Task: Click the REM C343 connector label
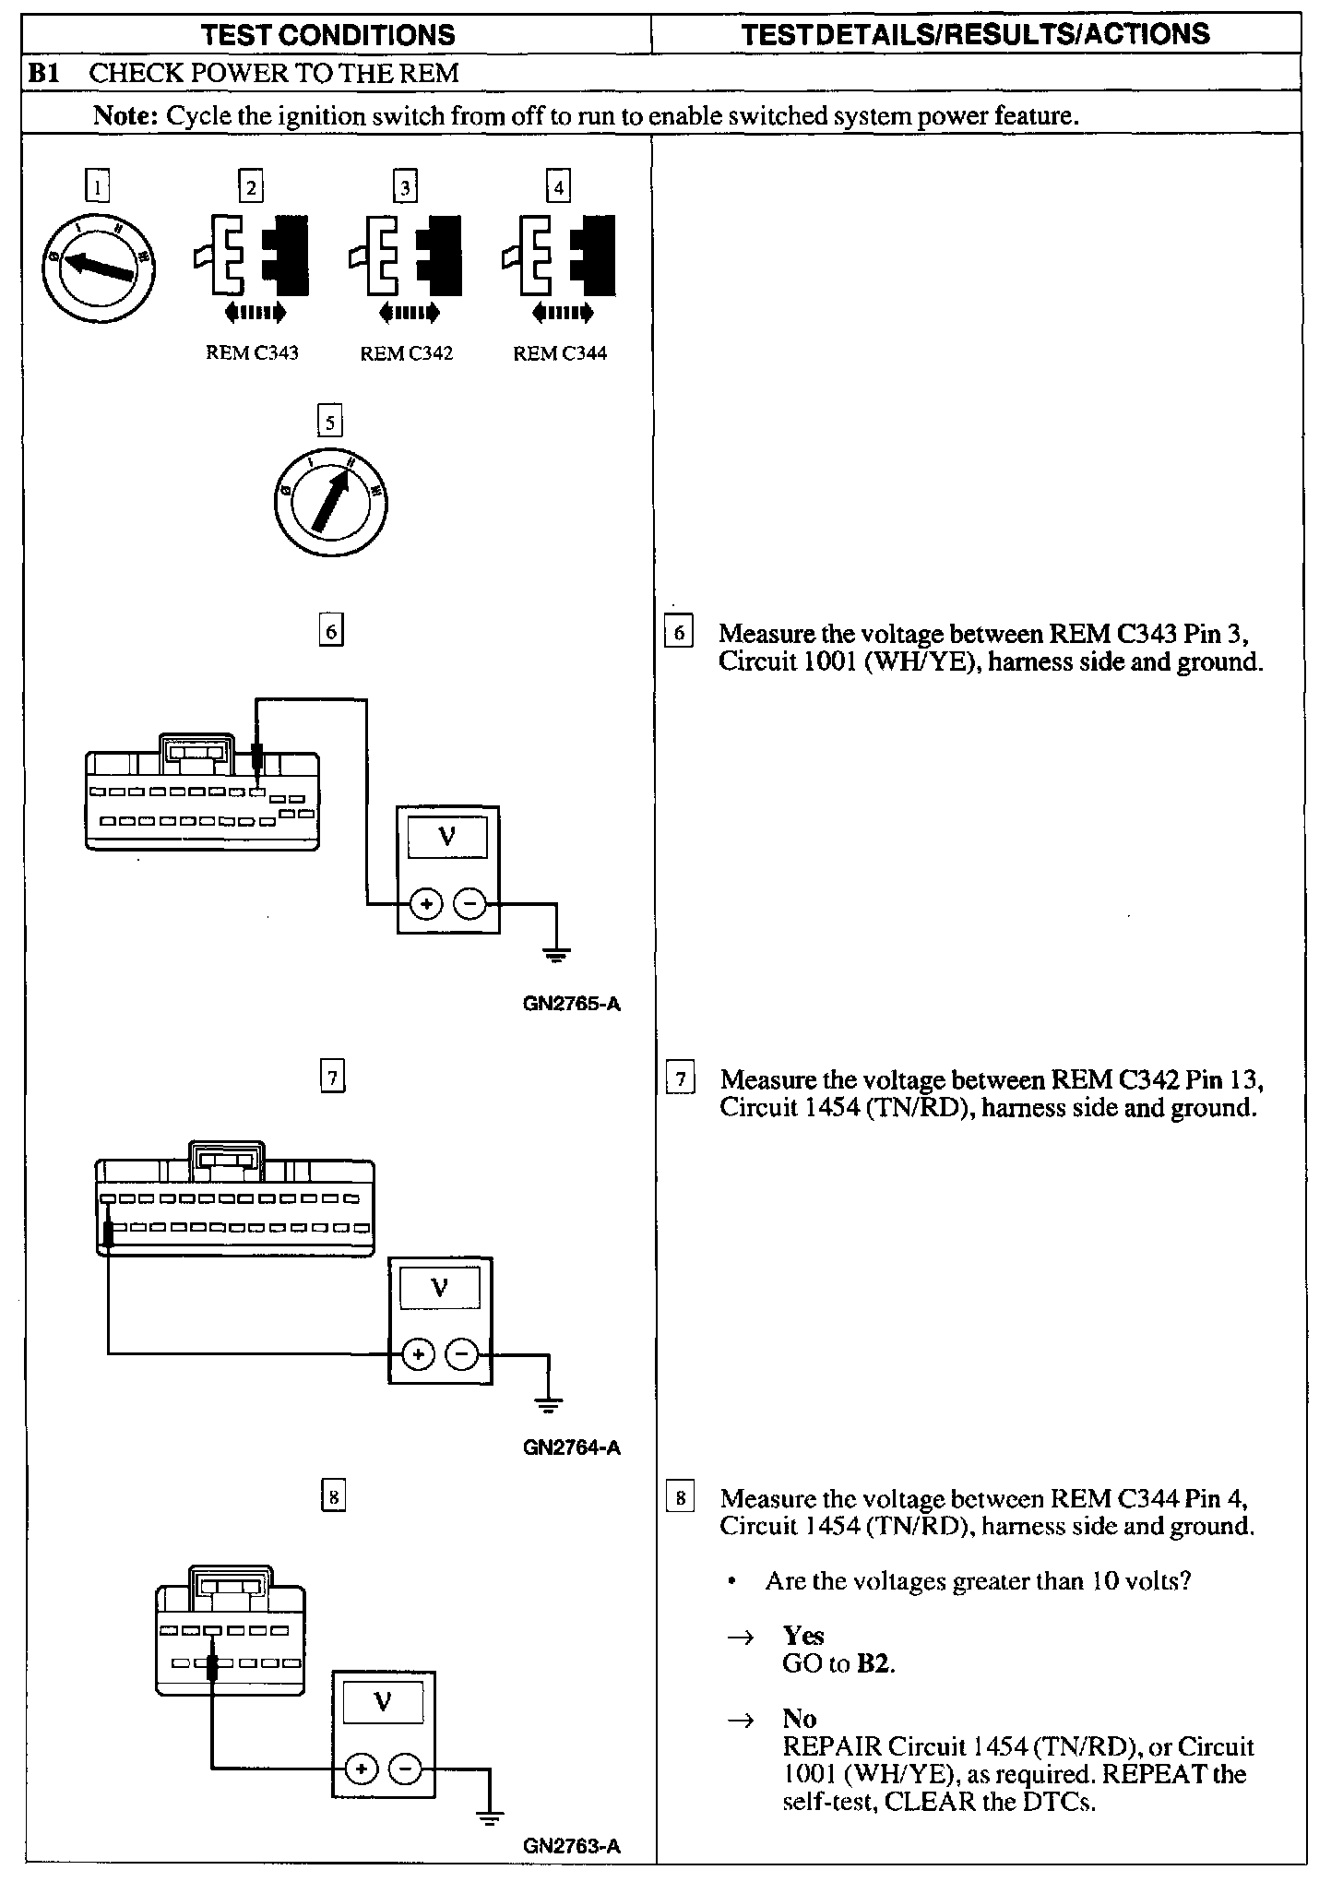(x=252, y=353)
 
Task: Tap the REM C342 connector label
(x=406, y=353)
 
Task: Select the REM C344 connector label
(x=560, y=353)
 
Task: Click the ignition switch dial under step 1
(x=98, y=264)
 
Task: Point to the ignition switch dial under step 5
(x=330, y=501)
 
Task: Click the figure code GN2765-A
(x=571, y=1004)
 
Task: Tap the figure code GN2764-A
(x=571, y=1447)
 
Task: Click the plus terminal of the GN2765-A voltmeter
(x=425, y=904)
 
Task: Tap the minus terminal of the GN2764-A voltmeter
(x=462, y=1354)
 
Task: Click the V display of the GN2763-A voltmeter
(x=383, y=1702)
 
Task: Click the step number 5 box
(x=329, y=422)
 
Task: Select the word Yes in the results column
(x=802, y=1636)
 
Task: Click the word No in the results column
(x=799, y=1719)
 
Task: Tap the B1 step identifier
(x=43, y=73)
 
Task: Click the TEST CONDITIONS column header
(x=327, y=35)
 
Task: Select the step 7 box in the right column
(x=680, y=1079)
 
